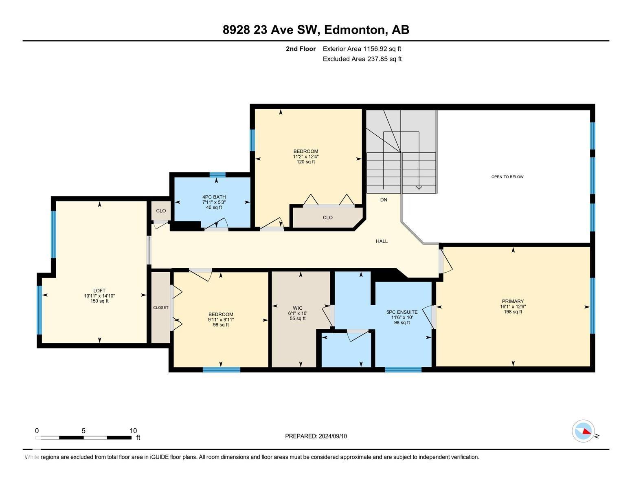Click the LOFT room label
[x=99, y=290]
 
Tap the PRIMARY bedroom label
[x=513, y=302]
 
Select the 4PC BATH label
[x=214, y=197]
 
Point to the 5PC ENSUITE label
[x=402, y=312]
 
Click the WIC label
[x=298, y=308]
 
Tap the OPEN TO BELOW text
[x=507, y=176]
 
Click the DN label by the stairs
[x=384, y=200]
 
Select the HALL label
[x=382, y=241]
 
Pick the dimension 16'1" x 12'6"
[x=513, y=306]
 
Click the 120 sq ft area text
[x=306, y=162]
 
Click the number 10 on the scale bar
[x=133, y=431]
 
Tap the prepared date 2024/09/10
[x=333, y=436]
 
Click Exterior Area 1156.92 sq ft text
[x=362, y=49]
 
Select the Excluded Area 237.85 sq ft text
[x=362, y=59]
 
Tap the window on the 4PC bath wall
[x=217, y=175]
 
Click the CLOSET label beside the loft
[x=160, y=308]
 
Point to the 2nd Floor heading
[x=301, y=49]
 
